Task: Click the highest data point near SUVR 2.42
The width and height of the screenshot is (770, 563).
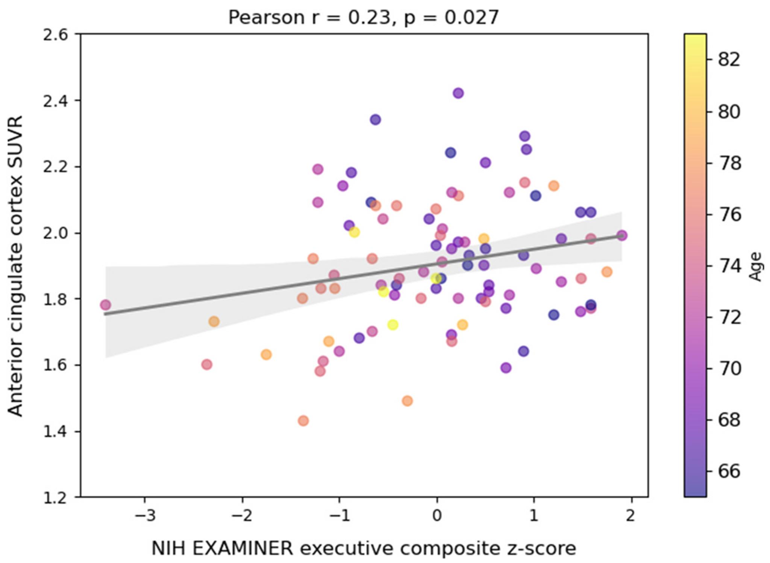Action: (458, 93)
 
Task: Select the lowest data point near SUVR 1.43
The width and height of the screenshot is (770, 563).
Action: (303, 420)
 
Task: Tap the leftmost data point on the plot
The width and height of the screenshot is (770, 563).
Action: (106, 304)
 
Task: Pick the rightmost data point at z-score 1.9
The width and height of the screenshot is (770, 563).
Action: (622, 235)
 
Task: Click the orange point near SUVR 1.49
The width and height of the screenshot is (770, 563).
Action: (407, 400)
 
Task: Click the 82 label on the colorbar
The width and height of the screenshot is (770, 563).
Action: (729, 59)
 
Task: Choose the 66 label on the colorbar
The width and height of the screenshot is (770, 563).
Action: (729, 471)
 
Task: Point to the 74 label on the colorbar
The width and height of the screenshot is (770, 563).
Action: (729, 266)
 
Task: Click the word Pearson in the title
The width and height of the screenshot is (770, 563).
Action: (266, 17)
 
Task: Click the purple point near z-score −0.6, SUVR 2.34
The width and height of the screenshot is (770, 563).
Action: (375, 120)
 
